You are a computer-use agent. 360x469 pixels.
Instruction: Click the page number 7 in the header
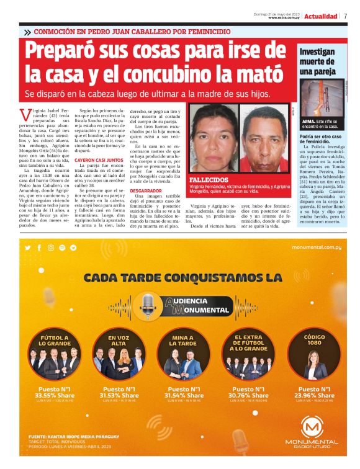345,16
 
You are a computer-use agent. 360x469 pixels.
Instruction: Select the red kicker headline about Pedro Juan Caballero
132,32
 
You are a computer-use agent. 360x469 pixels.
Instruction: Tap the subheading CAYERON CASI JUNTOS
98,160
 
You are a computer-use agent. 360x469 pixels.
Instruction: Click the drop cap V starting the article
25,114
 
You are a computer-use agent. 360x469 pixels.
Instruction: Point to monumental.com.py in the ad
317,247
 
